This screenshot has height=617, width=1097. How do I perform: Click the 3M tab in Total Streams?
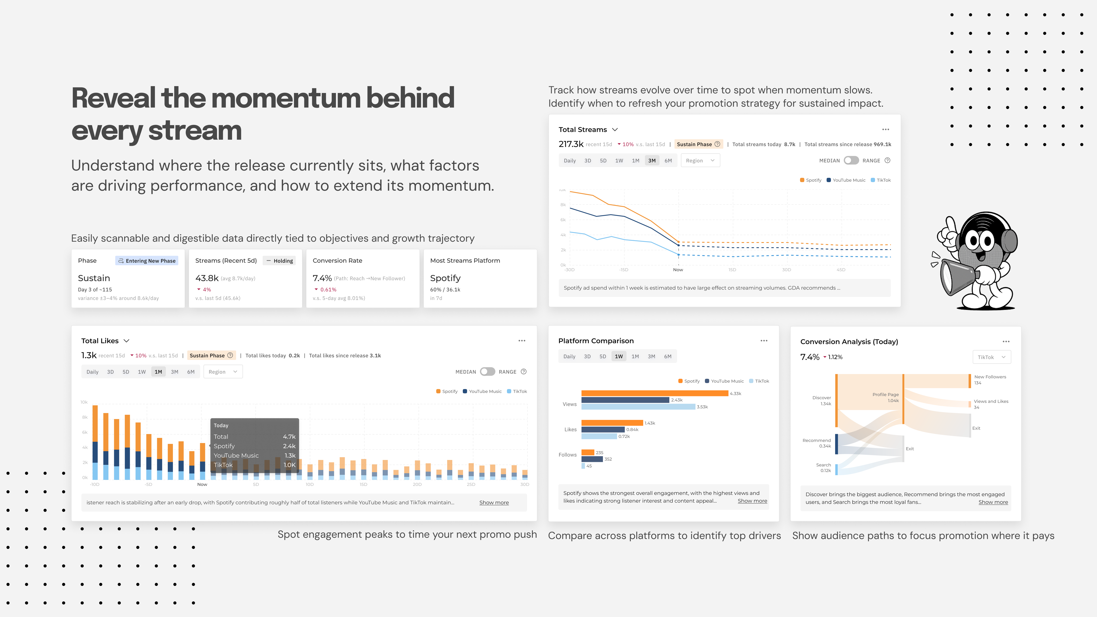pyautogui.click(x=652, y=160)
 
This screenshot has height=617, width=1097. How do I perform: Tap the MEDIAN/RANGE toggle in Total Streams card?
pyautogui.click(x=851, y=160)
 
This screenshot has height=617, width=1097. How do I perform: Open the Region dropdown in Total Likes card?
pyautogui.click(x=223, y=372)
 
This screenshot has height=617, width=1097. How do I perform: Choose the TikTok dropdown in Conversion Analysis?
pyautogui.click(x=991, y=357)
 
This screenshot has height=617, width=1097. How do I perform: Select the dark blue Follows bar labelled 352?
pyautogui.click(x=592, y=459)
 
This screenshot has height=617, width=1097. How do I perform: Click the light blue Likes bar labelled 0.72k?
pyautogui.click(x=599, y=436)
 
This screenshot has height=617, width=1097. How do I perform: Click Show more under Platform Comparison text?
pyautogui.click(x=752, y=501)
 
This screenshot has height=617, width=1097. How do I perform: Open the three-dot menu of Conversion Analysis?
pyautogui.click(x=1006, y=341)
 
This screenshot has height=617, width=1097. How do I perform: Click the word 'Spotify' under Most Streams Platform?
pyautogui.click(x=445, y=278)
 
